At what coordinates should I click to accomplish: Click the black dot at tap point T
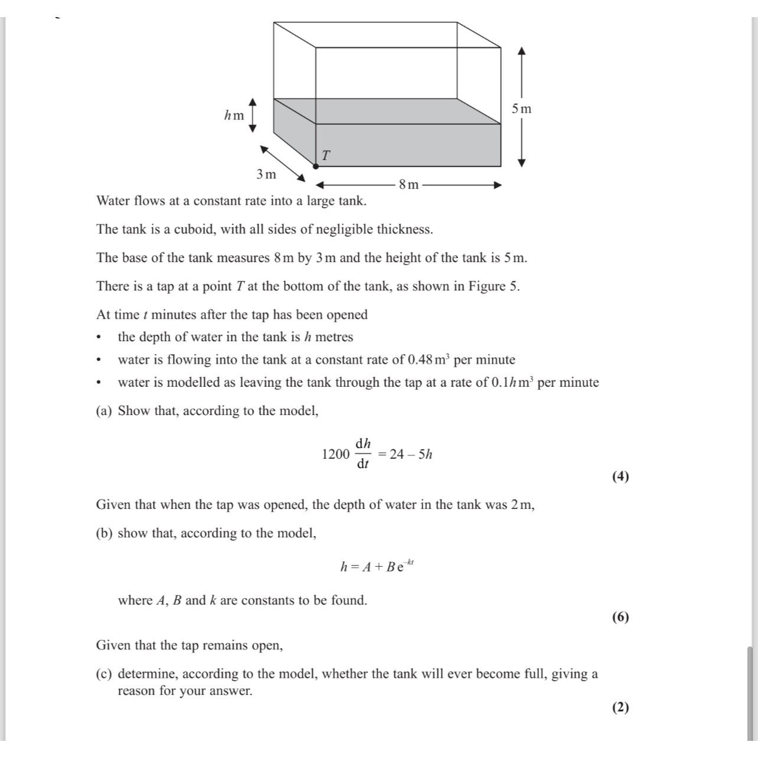(316, 166)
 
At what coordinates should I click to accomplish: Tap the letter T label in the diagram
(325, 155)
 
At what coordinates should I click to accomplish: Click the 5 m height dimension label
(521, 109)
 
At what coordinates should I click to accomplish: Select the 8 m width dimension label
(409, 185)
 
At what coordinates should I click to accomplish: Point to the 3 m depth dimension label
(266, 174)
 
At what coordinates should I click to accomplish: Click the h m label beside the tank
(234, 116)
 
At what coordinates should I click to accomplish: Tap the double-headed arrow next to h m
(253, 115)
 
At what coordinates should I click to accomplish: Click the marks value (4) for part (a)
(620, 476)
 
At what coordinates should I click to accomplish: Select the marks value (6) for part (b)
(620, 617)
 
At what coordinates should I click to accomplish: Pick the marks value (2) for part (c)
(620, 707)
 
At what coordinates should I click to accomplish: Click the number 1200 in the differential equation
(335, 454)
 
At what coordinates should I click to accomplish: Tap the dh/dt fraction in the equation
(362, 453)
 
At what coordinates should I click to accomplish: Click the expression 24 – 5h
(411, 454)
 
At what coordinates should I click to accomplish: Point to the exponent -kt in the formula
(410, 562)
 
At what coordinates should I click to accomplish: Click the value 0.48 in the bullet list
(421, 360)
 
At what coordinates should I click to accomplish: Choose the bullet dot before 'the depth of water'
(99, 338)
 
